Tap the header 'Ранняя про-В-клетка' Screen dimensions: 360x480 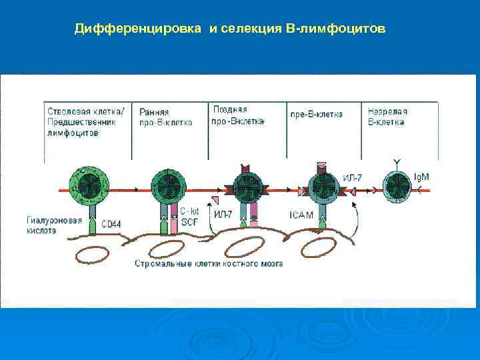(166, 117)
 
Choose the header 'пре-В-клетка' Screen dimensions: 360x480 (316, 114)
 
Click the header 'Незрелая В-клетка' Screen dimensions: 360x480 (389, 117)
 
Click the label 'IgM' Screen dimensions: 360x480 (421, 177)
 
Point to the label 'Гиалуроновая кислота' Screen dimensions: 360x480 (55, 225)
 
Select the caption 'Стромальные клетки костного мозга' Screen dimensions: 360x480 (209, 263)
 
